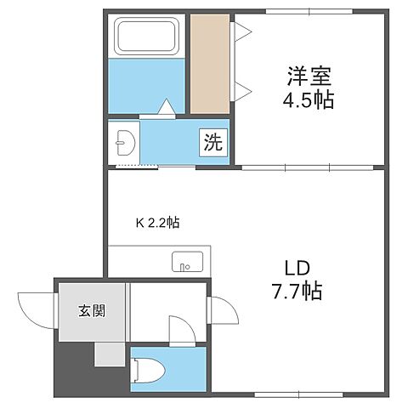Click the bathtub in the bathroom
pyautogui.click(x=149, y=37)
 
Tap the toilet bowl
pyautogui.click(x=151, y=369)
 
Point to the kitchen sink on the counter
pyautogui.click(x=187, y=262)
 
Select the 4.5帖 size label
pyautogui.click(x=308, y=100)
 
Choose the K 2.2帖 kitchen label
pyautogui.click(x=158, y=223)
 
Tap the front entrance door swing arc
pyautogui.click(x=34, y=308)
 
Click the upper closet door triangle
pyautogui.click(x=241, y=32)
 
